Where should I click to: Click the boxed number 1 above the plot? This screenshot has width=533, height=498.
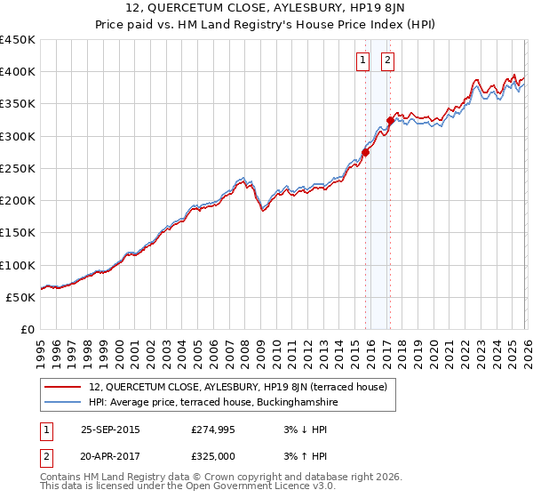[x=364, y=60]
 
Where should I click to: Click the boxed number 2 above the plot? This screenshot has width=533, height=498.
[x=389, y=60]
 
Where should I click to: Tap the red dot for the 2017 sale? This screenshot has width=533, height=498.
[x=390, y=120]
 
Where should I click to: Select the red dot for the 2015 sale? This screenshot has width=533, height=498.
[x=365, y=152]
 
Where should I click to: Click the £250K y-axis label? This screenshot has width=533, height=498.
[x=18, y=168]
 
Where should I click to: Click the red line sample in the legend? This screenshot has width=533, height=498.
[x=63, y=387]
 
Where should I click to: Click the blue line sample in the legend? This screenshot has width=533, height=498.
[x=63, y=402]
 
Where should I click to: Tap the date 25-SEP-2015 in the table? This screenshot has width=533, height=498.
[x=110, y=430]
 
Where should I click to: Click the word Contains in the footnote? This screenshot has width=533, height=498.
[x=60, y=477]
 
